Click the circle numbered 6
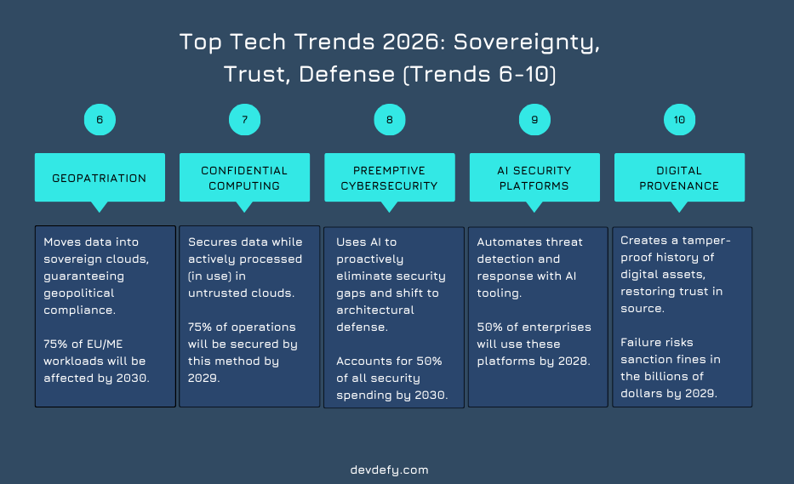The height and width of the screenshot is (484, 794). click(x=100, y=119)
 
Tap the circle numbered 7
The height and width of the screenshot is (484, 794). click(x=244, y=119)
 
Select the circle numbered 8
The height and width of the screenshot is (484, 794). click(x=390, y=119)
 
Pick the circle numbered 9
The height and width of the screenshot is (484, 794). click(x=534, y=119)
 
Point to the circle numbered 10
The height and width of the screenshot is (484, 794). click(x=680, y=119)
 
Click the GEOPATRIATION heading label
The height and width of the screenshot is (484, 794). click(x=100, y=179)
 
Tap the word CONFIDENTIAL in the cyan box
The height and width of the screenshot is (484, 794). click(x=244, y=171)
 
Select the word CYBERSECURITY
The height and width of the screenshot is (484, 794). click(x=389, y=185)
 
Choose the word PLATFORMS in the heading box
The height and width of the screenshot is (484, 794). click(x=534, y=185)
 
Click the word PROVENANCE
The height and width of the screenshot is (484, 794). click(x=679, y=185)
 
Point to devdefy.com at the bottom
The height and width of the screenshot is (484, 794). click(x=390, y=470)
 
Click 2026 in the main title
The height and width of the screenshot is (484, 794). click(x=411, y=42)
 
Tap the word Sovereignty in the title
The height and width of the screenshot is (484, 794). click(x=527, y=43)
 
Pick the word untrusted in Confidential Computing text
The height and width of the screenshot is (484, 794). click(x=213, y=293)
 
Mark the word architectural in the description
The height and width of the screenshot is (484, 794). click(x=375, y=310)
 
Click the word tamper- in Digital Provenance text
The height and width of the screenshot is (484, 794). click(x=706, y=241)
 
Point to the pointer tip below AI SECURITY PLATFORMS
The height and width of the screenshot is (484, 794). click(x=534, y=212)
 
